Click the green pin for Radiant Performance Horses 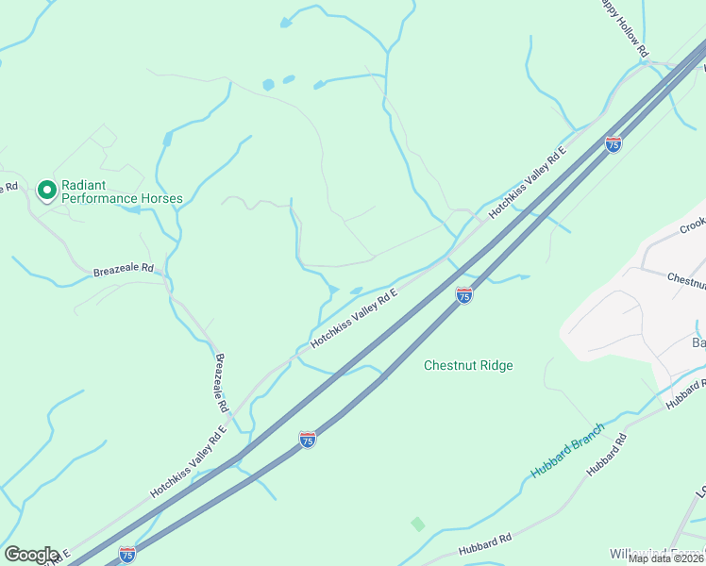point(45,191)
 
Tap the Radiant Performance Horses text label point(121,191)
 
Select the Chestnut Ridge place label point(468,365)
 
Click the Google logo point(30,554)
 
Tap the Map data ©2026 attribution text point(666,558)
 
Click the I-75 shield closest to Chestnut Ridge point(463,296)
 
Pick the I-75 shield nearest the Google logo point(126,554)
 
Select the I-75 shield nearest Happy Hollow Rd point(614,144)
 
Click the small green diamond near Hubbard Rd point(418,524)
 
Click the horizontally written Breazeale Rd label point(123,269)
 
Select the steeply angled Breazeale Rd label point(222,382)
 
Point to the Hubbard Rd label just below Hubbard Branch point(607,454)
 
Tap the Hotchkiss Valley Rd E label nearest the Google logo point(189,462)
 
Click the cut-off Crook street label point(693,225)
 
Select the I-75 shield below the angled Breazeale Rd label point(308,439)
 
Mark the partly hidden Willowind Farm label point(657,553)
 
